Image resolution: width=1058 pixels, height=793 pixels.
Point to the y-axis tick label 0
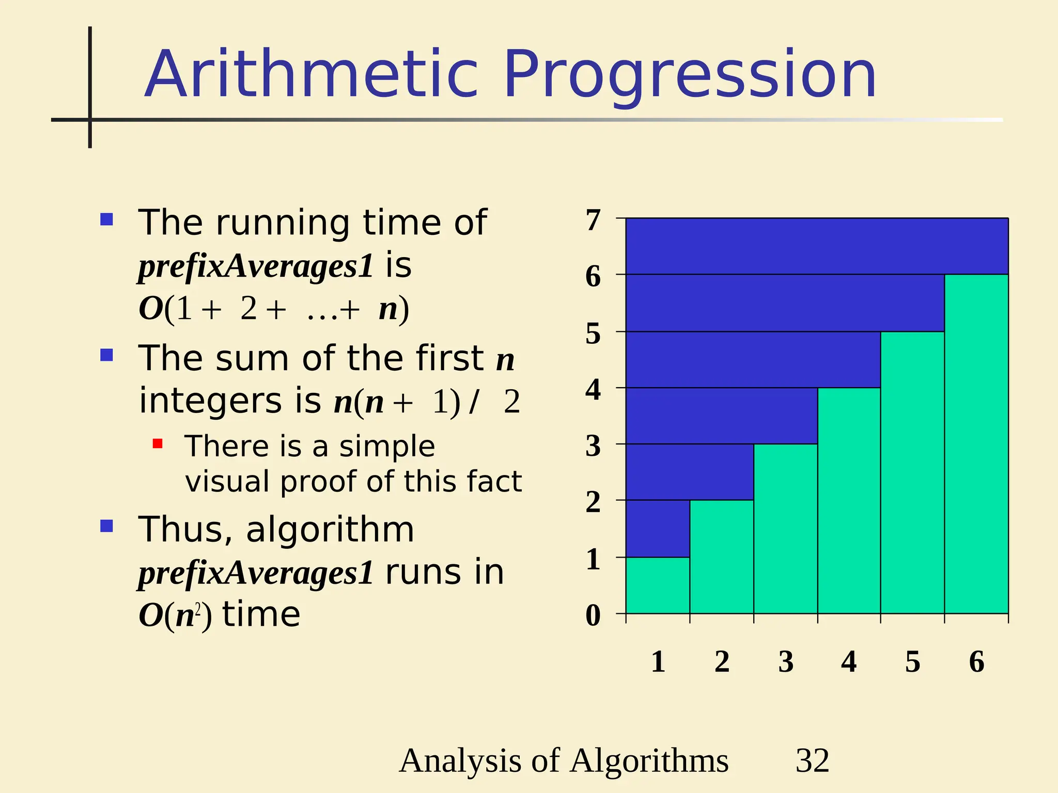tap(593, 615)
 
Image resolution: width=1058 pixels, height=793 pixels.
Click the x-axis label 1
tap(658, 662)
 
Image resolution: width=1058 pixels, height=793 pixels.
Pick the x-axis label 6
tap(976, 662)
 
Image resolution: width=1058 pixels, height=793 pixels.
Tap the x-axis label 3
tap(786, 662)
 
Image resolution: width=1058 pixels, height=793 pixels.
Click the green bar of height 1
tap(658, 585)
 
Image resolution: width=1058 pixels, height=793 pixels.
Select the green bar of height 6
tap(976, 444)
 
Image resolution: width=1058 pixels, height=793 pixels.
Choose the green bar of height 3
tap(785, 529)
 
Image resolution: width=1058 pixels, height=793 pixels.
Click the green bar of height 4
tap(849, 501)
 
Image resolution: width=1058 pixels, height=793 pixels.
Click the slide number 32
tap(812, 760)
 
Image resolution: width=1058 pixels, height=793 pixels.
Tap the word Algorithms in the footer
tap(649, 761)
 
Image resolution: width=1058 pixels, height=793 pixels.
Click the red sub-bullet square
tap(158, 443)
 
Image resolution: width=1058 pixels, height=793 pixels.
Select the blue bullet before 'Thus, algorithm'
tap(106, 526)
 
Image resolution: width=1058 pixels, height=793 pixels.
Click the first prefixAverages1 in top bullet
tap(256, 266)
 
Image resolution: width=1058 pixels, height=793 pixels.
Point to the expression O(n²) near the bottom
tap(175, 615)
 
